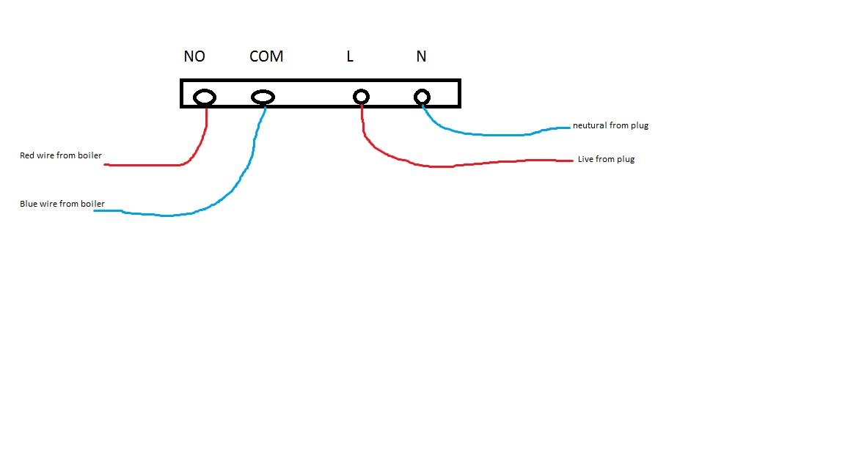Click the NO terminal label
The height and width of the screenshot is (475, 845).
(194, 56)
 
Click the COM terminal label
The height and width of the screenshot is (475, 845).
(266, 56)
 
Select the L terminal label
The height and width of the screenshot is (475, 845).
(350, 56)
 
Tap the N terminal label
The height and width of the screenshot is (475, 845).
(421, 56)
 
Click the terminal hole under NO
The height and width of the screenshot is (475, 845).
(205, 97)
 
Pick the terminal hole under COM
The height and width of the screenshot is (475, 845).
(263, 97)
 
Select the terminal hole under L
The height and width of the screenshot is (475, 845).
(361, 97)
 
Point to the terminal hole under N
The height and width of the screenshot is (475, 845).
(422, 97)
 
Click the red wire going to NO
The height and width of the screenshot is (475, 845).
(147, 165)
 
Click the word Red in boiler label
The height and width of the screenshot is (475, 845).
(27, 156)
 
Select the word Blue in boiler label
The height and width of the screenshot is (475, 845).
(28, 204)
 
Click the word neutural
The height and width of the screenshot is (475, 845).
(590, 125)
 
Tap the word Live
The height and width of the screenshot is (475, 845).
(585, 159)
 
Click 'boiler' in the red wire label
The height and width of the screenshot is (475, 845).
(90, 156)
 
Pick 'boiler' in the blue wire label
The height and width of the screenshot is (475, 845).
(92, 204)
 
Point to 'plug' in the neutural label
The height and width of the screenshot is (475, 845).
(640, 125)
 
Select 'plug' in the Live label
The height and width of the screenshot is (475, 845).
(626, 159)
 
